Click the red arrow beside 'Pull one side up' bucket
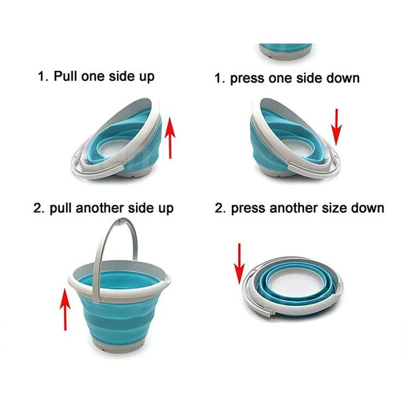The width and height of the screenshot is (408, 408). (x=171, y=137)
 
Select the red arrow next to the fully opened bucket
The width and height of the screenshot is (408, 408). (x=65, y=309)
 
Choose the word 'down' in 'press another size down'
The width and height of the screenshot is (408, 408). (x=369, y=207)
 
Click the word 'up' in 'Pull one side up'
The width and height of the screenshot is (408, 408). (x=146, y=77)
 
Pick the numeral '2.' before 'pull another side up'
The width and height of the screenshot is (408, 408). (x=39, y=207)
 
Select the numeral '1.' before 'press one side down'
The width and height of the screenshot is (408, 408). (x=219, y=78)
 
